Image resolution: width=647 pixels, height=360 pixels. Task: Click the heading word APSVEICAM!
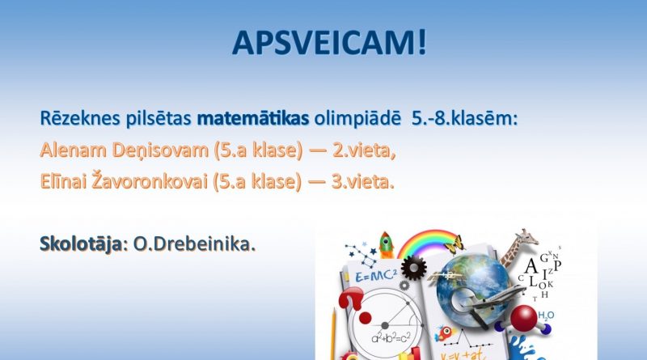329,43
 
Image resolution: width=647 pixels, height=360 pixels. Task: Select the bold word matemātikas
253,118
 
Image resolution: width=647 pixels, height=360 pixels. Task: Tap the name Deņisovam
160,150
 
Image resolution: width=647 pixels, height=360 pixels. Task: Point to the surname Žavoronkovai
149,181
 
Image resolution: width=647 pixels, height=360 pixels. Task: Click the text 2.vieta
364,150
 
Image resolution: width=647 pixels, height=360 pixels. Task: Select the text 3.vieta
362,182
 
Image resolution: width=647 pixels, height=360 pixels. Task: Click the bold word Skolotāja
81,244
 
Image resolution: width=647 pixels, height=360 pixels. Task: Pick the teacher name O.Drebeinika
194,244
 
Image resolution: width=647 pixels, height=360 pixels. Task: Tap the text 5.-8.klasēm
464,118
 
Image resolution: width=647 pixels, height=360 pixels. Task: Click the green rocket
387,245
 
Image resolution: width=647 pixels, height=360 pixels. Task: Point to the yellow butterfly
455,244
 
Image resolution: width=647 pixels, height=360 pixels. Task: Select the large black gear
413,268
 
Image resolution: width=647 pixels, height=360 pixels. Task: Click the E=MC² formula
376,276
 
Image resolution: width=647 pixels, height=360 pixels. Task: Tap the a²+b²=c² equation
391,338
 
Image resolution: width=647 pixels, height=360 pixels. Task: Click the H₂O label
546,316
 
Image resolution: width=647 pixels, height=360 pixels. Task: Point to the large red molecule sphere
523,318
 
